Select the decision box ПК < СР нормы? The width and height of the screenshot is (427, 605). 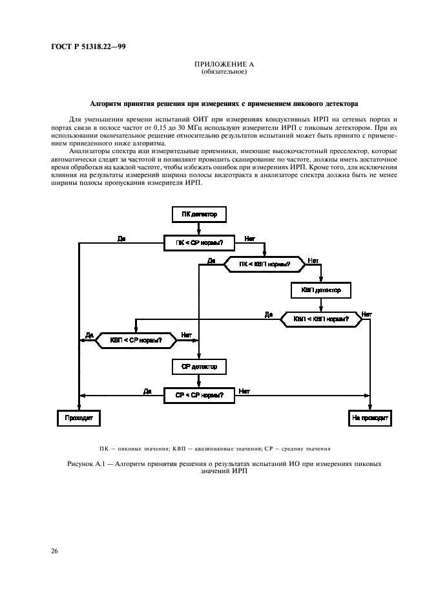tap(200, 243)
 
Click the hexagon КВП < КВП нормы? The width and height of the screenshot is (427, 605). tap(321, 319)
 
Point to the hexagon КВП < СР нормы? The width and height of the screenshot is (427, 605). tap(136, 339)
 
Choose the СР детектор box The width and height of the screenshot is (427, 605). tap(200, 366)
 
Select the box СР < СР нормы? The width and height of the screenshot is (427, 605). tap(200, 394)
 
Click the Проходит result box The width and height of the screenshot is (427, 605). tap(79, 418)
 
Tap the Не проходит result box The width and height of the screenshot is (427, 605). tap(370, 418)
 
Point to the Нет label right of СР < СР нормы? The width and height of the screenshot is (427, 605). tap(245, 390)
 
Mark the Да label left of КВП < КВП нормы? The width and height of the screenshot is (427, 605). tap(269, 315)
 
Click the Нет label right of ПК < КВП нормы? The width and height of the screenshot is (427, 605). tap(313, 260)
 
